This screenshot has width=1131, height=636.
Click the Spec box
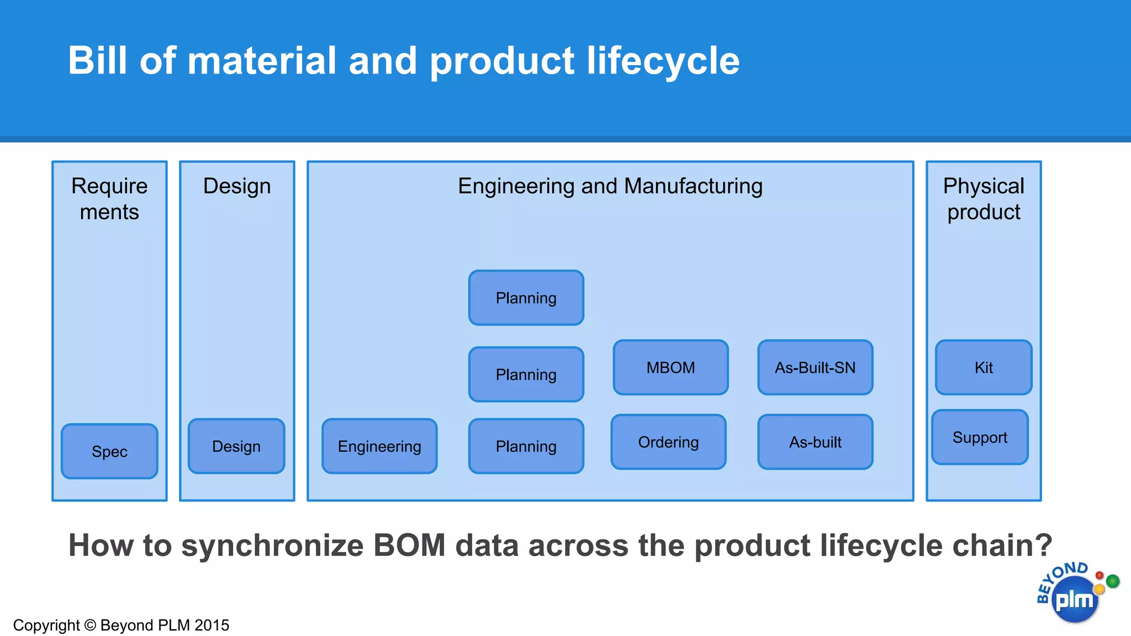109,451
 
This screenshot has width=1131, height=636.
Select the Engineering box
379,446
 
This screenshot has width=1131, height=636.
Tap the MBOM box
670,367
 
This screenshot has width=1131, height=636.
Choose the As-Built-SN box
815,367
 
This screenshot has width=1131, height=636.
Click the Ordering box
668,442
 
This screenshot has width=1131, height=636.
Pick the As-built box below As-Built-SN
815,442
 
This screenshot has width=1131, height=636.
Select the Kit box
984,367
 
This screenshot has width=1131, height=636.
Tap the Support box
980,437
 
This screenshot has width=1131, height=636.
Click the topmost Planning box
526,298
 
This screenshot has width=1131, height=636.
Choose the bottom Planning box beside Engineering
526,446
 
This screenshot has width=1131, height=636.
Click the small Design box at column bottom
236,446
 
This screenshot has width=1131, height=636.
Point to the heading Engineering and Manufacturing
610,186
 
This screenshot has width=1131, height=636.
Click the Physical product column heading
984,199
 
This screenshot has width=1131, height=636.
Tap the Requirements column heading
109,199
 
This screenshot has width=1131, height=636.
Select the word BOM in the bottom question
409,545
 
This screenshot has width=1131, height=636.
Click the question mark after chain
1043,545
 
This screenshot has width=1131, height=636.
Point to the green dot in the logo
1113,581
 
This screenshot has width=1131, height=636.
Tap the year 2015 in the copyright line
212,625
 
